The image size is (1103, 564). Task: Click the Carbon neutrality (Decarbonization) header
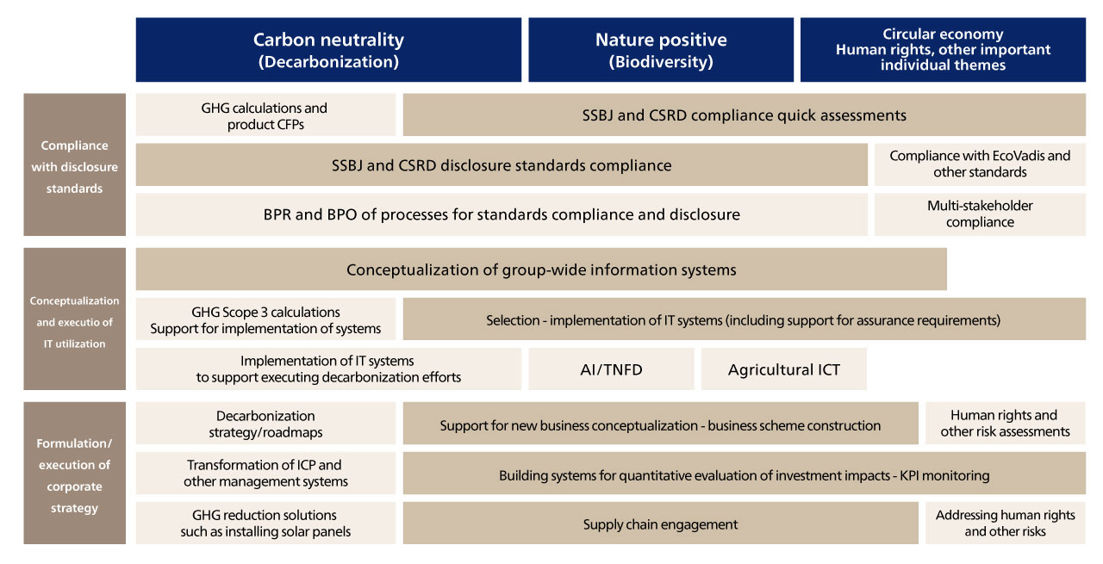click(328, 50)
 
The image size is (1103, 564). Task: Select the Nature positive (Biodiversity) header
click(661, 50)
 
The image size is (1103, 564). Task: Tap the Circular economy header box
click(943, 50)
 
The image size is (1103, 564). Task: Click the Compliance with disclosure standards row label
click(74, 164)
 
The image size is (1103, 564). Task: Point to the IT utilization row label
click(74, 319)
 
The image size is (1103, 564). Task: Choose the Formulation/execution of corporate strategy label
click(74, 473)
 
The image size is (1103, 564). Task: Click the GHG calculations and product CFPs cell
click(265, 115)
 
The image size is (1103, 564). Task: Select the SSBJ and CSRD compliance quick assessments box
click(744, 115)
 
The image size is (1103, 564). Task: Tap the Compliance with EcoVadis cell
click(980, 164)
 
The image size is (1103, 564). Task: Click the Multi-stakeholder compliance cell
click(980, 214)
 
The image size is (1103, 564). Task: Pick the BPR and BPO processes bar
click(502, 214)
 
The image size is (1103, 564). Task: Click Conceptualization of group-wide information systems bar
click(541, 270)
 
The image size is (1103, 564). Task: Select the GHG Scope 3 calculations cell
click(265, 319)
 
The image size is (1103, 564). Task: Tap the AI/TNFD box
click(611, 369)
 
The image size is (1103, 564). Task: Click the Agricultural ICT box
click(784, 369)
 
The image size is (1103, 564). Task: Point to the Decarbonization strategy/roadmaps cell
click(265, 424)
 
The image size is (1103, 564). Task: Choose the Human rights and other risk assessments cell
click(1005, 424)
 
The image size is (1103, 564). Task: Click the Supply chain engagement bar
click(660, 523)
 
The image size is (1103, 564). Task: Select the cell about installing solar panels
click(265, 523)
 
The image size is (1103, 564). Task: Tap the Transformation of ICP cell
click(265, 473)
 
